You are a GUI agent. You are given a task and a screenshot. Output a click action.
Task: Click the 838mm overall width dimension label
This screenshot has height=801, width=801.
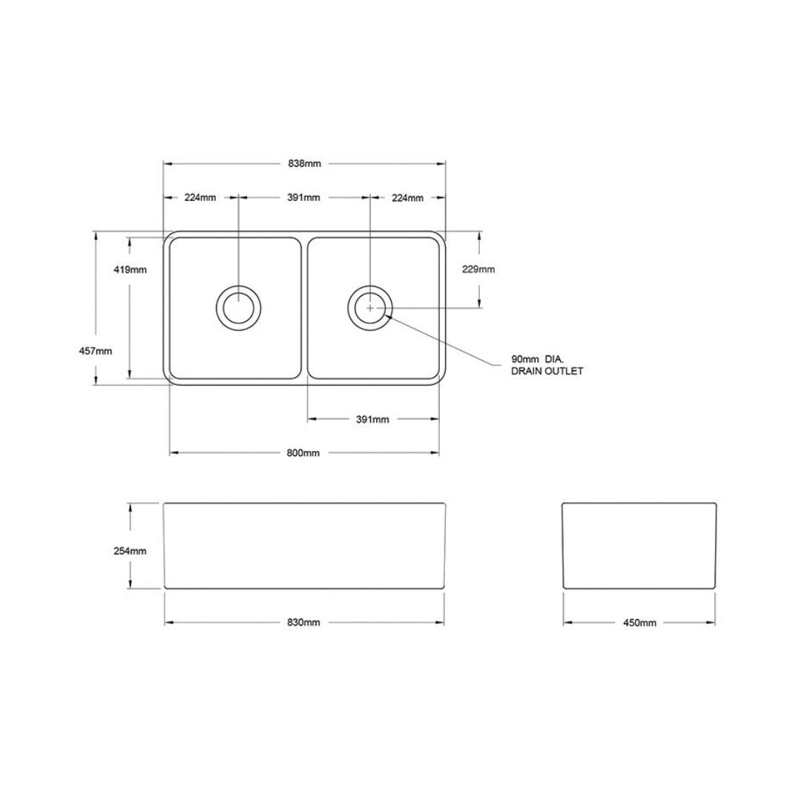[x=304, y=164]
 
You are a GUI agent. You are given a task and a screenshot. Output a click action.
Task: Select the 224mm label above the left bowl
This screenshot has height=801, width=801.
[x=200, y=197]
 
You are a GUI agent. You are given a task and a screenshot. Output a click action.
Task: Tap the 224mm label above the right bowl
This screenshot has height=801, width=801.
[x=408, y=197]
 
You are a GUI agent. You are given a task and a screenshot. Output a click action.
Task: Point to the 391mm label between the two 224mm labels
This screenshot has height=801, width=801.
[x=304, y=197]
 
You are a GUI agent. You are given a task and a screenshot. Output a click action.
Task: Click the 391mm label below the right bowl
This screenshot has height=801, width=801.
[x=372, y=419]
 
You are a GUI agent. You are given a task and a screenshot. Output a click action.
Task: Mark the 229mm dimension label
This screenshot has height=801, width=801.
[x=479, y=269]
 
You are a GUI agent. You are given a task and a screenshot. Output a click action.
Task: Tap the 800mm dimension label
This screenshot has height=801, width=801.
[x=304, y=453]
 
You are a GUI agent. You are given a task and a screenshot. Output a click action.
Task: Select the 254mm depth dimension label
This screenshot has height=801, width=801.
[x=131, y=551]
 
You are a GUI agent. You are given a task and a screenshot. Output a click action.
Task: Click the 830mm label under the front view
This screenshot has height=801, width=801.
[x=304, y=622]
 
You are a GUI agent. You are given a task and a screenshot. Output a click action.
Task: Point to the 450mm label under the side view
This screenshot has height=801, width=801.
[x=640, y=622]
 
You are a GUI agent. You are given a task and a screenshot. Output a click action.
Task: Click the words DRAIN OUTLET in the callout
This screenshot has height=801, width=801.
[x=547, y=371]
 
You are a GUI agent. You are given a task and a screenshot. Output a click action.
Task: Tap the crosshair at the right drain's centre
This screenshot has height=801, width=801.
[x=370, y=307]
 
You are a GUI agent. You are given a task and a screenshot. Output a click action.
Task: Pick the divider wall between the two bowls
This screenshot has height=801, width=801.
[x=305, y=307]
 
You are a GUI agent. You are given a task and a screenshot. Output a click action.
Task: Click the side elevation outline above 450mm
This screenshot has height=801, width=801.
[x=639, y=546]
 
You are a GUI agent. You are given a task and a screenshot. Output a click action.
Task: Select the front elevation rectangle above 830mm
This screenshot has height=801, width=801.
[x=304, y=546]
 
